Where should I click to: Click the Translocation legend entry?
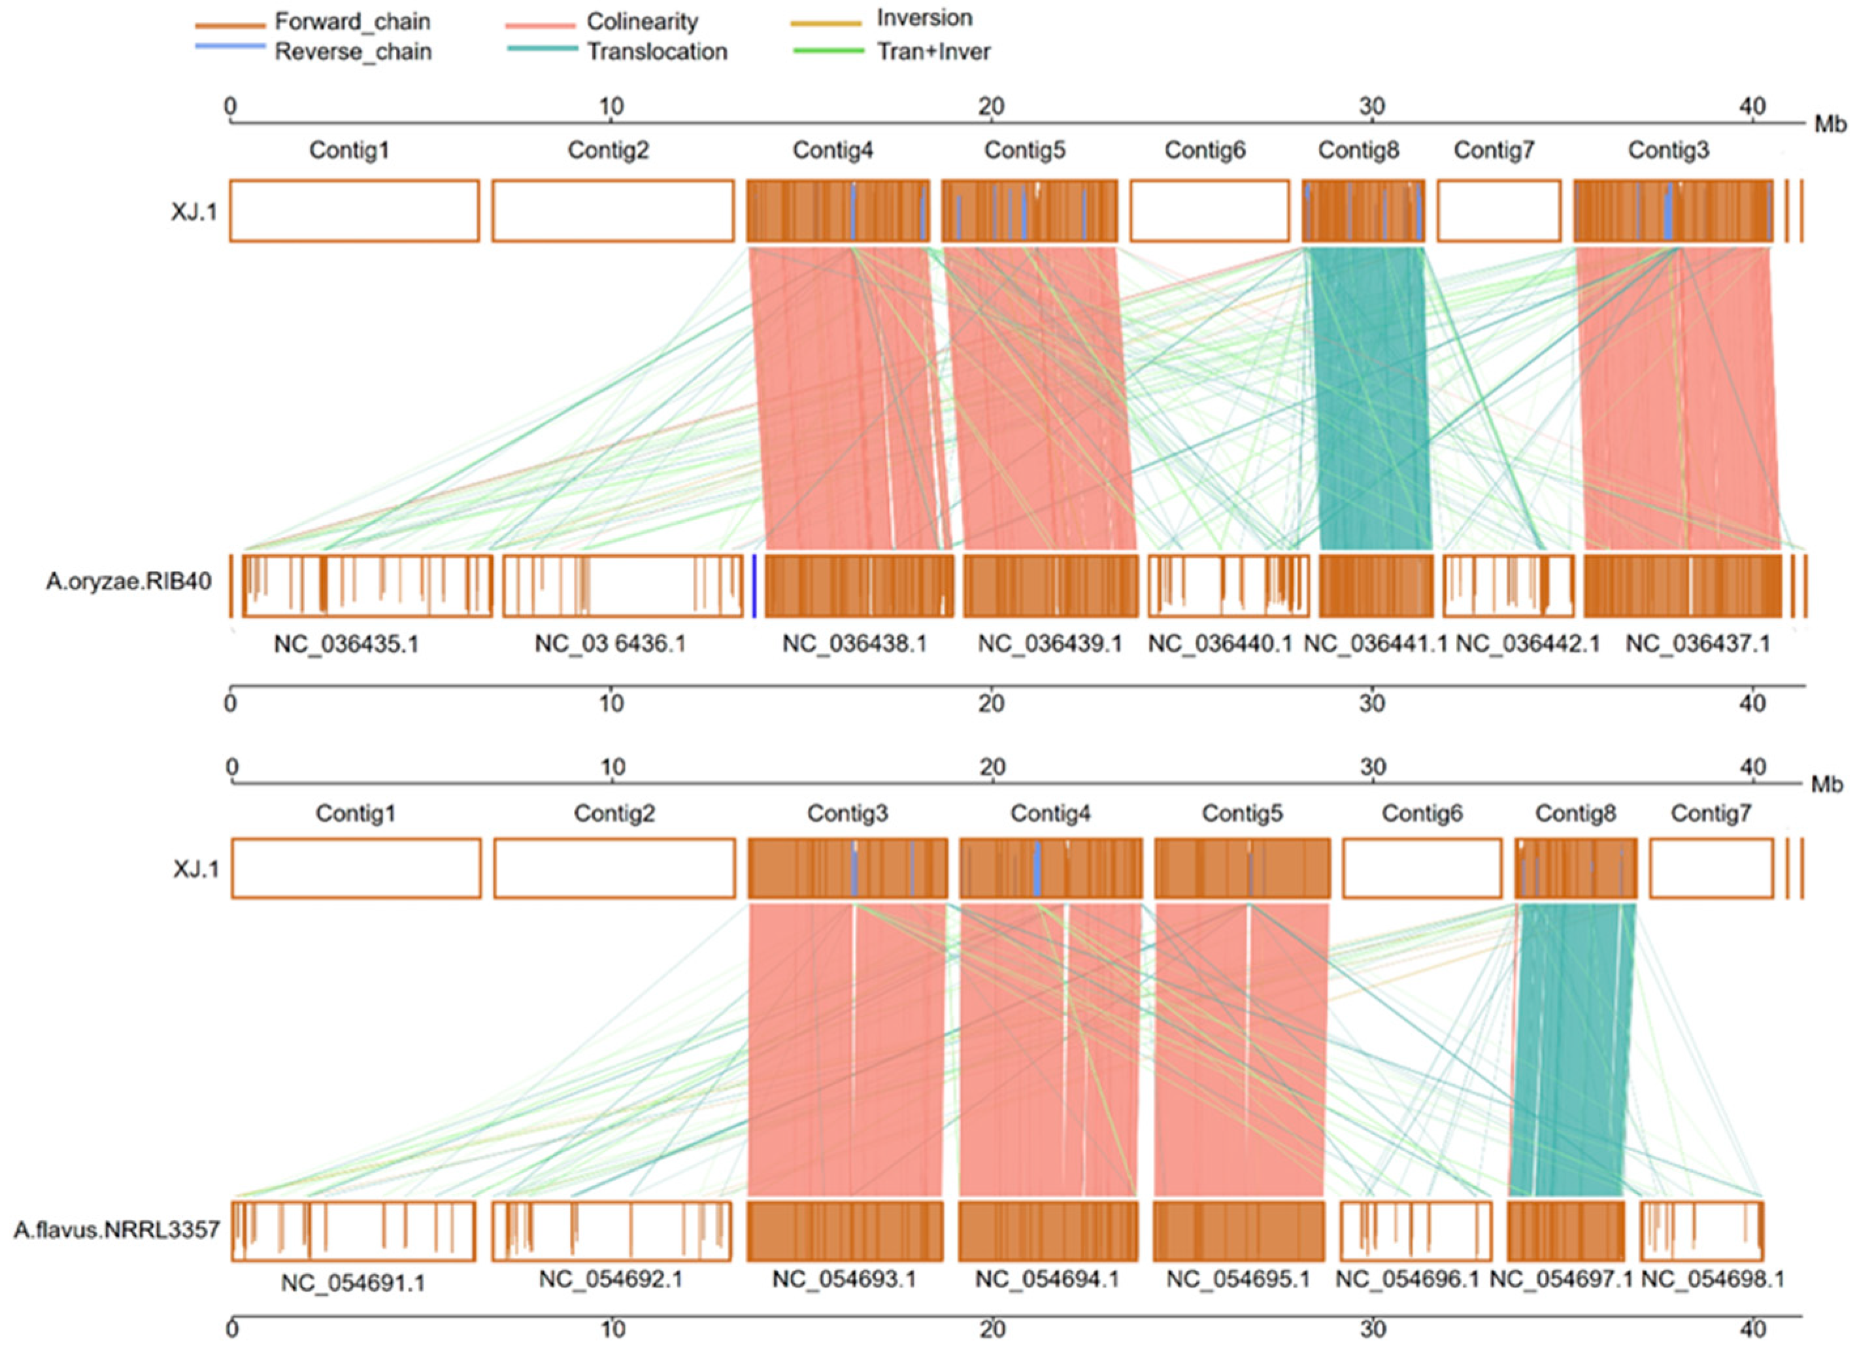tap(656, 52)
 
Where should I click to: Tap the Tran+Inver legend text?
tap(933, 52)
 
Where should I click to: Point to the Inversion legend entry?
tap(924, 18)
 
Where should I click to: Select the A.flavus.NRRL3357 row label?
tap(116, 1229)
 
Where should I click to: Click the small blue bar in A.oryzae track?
tap(753, 586)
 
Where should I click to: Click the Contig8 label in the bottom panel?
tap(1575, 813)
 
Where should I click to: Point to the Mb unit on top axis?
tap(1830, 124)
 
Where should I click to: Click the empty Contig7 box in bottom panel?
tap(1711, 868)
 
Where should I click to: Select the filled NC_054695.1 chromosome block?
tap(1239, 1231)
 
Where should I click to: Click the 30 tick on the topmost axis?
tap(1371, 107)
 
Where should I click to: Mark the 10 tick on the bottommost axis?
tap(612, 1329)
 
